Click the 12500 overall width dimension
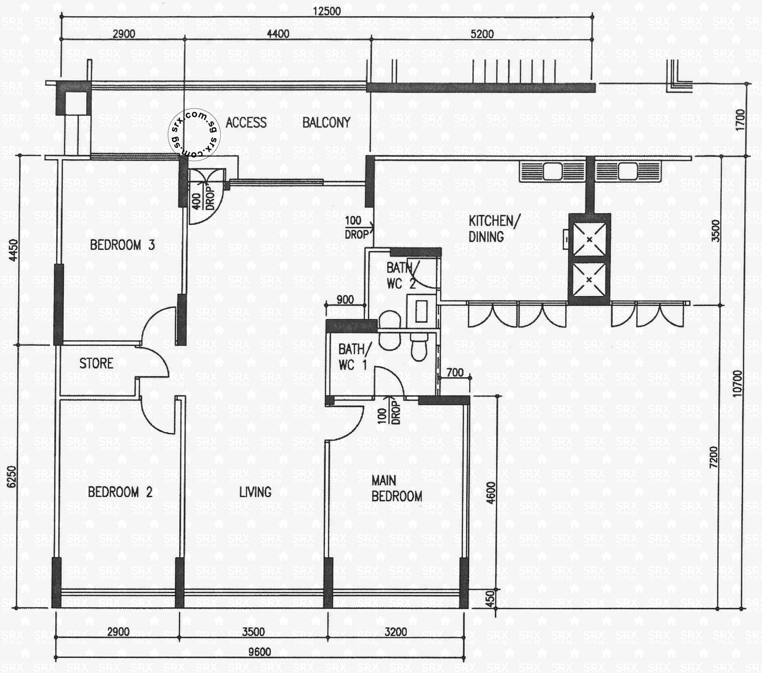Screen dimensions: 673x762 pyautogui.click(x=326, y=11)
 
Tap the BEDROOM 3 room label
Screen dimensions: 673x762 pyautogui.click(x=122, y=245)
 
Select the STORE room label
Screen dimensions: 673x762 pyautogui.click(x=96, y=363)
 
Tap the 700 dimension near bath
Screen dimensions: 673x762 pyautogui.click(x=455, y=372)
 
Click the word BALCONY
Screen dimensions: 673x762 pyautogui.click(x=326, y=122)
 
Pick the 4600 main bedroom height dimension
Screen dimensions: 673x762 pyautogui.click(x=491, y=493)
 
